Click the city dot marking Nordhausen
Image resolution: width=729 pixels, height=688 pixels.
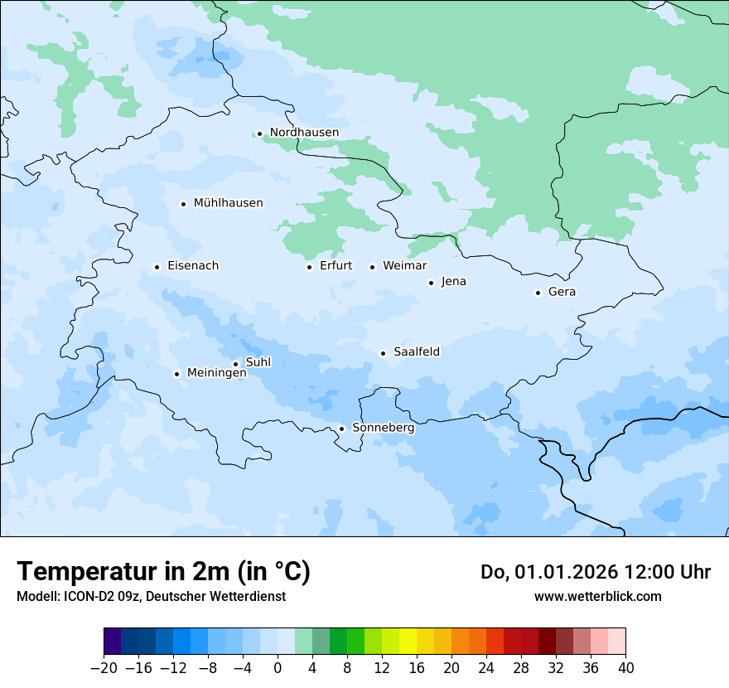point(259,133)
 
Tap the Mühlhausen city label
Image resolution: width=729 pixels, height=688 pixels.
point(228,203)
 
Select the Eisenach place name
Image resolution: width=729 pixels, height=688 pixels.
point(193,266)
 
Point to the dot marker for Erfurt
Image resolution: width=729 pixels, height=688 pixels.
point(309,267)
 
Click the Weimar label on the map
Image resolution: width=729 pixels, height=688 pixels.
point(404,266)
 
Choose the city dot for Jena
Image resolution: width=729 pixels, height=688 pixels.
point(431,283)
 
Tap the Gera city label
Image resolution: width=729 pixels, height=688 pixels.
point(562,292)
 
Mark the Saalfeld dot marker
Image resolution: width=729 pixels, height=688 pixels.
point(383,353)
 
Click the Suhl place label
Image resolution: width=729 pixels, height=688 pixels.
point(258,362)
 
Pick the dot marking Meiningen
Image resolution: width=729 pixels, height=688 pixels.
point(176,374)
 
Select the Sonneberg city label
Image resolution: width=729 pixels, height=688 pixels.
point(383,429)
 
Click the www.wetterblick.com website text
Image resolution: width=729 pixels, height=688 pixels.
point(597,596)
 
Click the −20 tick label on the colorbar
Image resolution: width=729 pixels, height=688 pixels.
point(104,668)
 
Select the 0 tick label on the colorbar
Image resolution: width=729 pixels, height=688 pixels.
point(278,668)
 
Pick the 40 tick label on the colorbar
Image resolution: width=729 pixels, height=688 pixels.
point(625,668)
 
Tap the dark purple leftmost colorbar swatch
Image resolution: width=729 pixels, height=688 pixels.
point(112,642)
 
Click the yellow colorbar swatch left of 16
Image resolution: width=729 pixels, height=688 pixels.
point(408,642)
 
